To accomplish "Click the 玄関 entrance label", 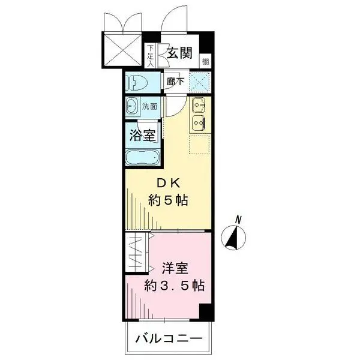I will point(179,53).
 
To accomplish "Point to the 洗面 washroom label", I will point(150,107).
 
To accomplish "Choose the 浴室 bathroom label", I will point(143,134).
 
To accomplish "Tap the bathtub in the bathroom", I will point(142,158).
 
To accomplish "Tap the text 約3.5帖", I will point(174,286).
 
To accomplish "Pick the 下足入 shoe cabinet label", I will point(150,56).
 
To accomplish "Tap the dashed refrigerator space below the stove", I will point(199,144).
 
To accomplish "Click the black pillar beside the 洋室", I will point(206,311).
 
